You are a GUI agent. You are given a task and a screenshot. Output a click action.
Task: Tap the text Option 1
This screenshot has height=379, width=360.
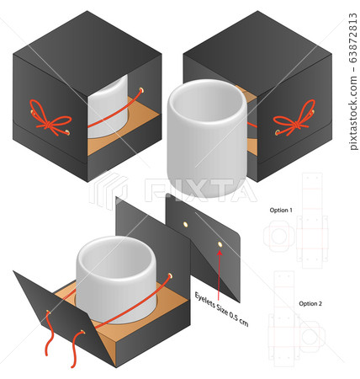pyautogui.click(x=281, y=210)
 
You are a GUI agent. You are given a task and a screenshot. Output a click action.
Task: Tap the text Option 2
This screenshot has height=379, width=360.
pyautogui.click(x=310, y=303)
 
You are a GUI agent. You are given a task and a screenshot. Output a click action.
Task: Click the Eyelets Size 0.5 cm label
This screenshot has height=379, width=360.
pyautogui.click(x=221, y=309)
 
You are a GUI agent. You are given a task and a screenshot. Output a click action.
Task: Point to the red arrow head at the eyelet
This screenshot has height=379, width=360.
pyautogui.click(x=220, y=253)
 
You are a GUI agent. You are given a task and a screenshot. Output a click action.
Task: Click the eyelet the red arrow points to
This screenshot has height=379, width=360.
pyautogui.click(x=220, y=244)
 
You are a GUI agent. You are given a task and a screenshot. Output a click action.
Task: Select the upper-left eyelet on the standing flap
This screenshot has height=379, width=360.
pyautogui.click(x=185, y=224)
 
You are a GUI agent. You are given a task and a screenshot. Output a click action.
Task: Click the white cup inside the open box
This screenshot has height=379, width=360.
pyautogui.click(x=116, y=278)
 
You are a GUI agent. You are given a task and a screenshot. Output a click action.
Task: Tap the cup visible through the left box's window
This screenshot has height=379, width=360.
pyautogui.click(x=108, y=107)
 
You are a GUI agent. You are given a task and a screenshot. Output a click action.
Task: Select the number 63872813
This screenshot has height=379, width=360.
pyautogui.click(x=353, y=38)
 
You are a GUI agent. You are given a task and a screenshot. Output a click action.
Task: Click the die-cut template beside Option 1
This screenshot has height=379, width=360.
pyautogui.click(x=296, y=221)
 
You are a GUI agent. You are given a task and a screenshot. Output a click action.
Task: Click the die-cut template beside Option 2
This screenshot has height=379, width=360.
pyautogui.click(x=297, y=319)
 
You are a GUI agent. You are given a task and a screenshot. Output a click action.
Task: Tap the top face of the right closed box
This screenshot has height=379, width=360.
pyautogui.click(x=257, y=53)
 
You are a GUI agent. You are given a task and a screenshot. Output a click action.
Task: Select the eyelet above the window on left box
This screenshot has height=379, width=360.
pyautogui.click(x=140, y=90)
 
